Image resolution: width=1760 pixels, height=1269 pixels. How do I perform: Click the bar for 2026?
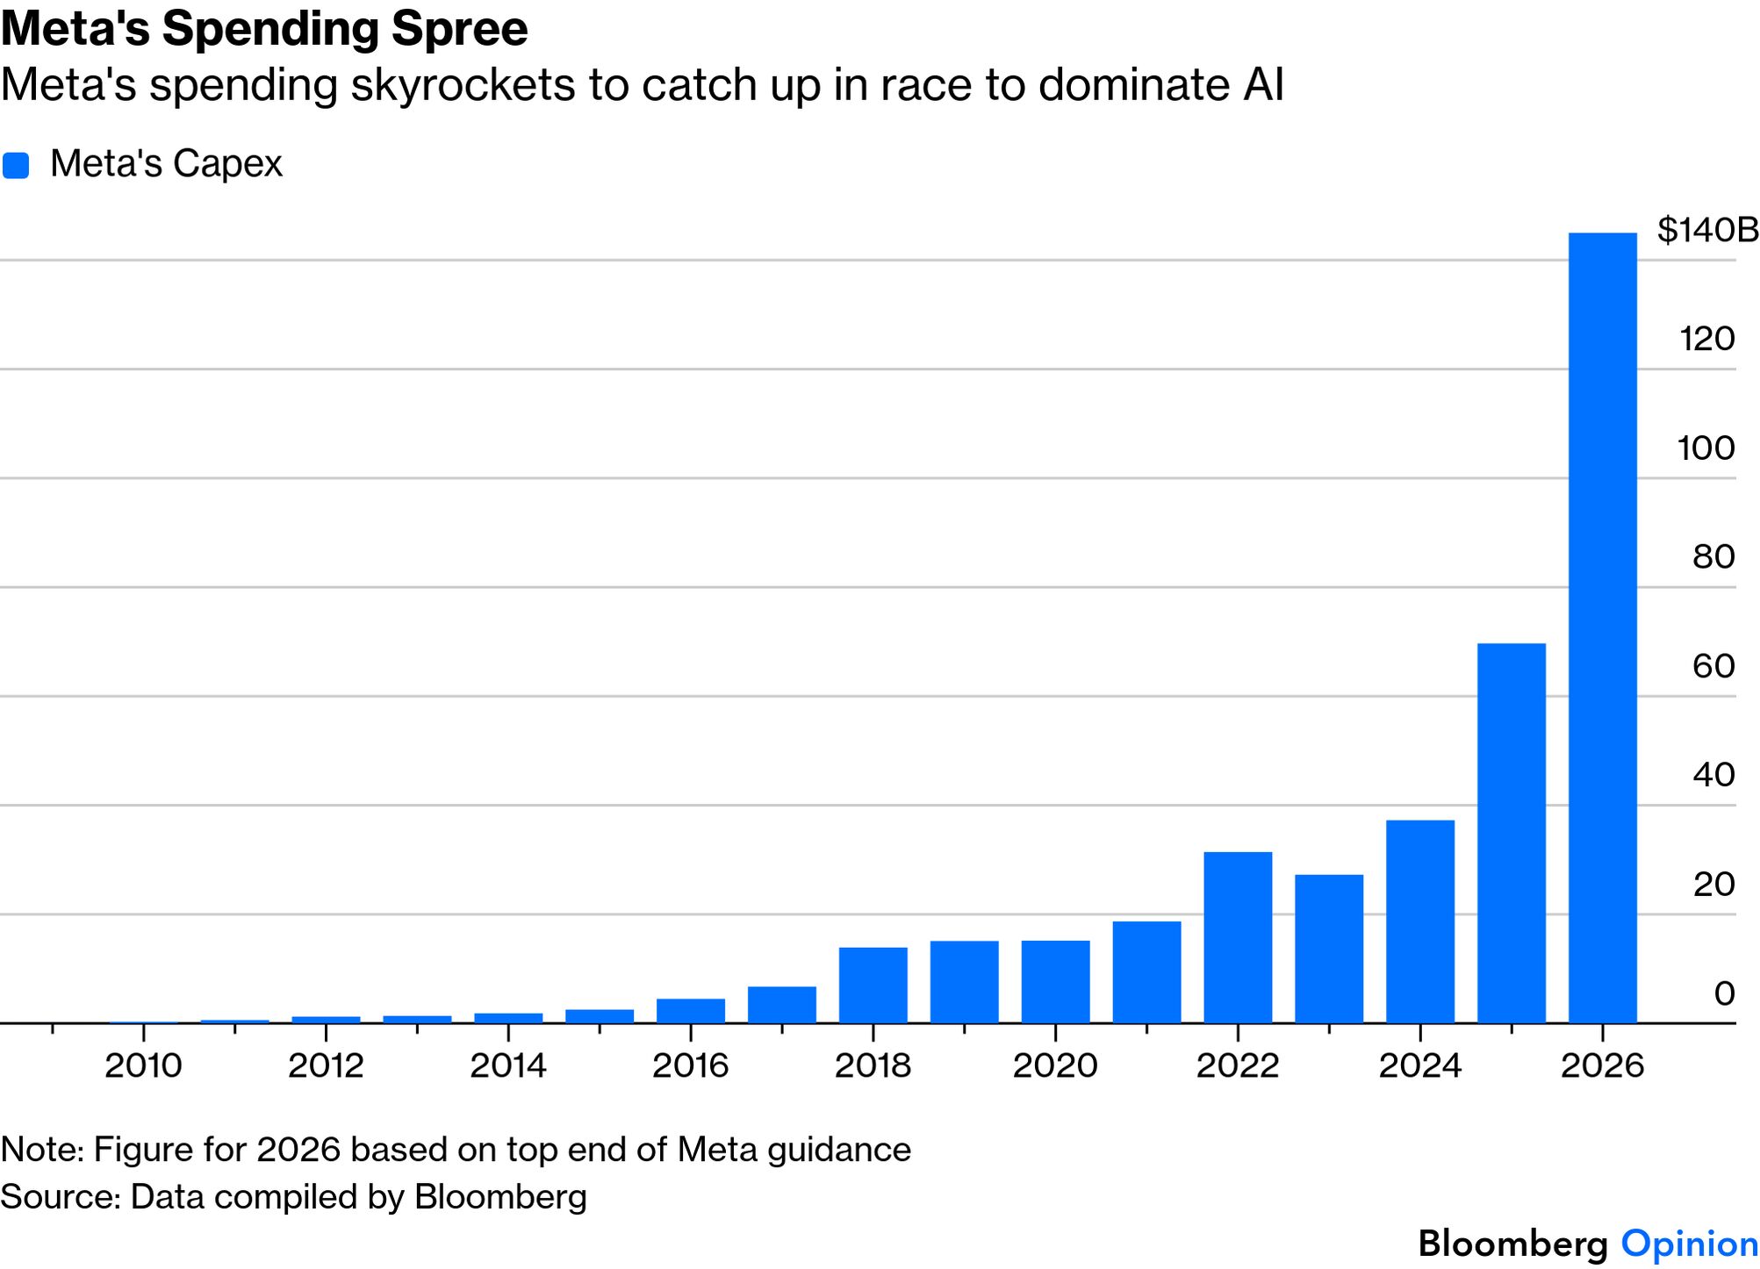pos(1602,627)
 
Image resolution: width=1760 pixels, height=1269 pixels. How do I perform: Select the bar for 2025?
pos(1511,833)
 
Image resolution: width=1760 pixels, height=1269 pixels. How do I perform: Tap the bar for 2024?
pos(1419,921)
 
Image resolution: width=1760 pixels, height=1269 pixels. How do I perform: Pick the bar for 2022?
pos(1238,937)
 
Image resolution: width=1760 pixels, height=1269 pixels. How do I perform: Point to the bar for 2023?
pos(1329,949)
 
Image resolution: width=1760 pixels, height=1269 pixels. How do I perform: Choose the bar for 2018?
pos(873,985)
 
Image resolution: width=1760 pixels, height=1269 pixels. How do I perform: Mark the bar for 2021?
pos(1146,971)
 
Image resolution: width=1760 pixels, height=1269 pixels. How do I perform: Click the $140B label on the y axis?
pos(1706,230)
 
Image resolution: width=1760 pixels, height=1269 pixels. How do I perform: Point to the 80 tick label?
pos(1713,556)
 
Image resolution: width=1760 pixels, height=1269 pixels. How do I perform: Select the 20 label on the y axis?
pos(1713,884)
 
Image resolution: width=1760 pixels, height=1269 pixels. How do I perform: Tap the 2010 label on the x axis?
pos(143,1065)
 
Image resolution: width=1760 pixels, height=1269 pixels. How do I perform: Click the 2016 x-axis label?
pos(690,1065)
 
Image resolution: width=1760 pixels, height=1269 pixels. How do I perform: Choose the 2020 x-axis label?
pos(1055,1065)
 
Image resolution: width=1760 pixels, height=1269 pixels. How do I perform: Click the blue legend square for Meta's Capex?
pos(16,165)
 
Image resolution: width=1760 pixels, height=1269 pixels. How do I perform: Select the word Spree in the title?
pos(459,28)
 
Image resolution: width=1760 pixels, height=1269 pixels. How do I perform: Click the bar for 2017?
pos(781,1004)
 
